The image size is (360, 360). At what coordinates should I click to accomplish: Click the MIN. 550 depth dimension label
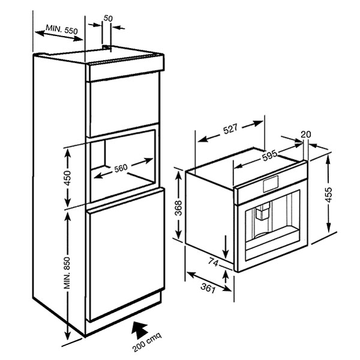tap(62, 29)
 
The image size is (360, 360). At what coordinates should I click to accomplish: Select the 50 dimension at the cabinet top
tap(108, 18)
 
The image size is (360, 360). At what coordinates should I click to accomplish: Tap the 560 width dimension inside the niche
tap(121, 168)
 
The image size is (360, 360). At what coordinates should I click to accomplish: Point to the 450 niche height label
tap(68, 178)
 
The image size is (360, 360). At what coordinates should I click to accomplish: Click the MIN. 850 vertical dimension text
tap(67, 273)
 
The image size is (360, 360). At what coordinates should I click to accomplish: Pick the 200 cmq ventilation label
tap(147, 342)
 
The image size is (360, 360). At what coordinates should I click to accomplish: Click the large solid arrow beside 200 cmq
tap(139, 329)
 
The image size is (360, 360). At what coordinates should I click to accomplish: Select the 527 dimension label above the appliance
tap(230, 129)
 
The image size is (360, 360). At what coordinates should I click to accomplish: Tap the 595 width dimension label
tap(270, 156)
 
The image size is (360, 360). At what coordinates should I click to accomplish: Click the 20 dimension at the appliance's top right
tap(306, 134)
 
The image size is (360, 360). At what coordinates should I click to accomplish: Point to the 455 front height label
tap(329, 194)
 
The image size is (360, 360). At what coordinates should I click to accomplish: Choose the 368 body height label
tap(178, 208)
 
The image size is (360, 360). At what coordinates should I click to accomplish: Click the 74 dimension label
tap(213, 262)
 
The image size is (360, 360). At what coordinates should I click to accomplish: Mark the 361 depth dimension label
tap(208, 288)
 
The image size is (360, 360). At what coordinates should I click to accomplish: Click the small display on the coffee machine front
tap(271, 184)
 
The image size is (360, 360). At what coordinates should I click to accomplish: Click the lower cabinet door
tap(126, 255)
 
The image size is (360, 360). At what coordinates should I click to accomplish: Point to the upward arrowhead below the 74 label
tap(226, 274)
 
